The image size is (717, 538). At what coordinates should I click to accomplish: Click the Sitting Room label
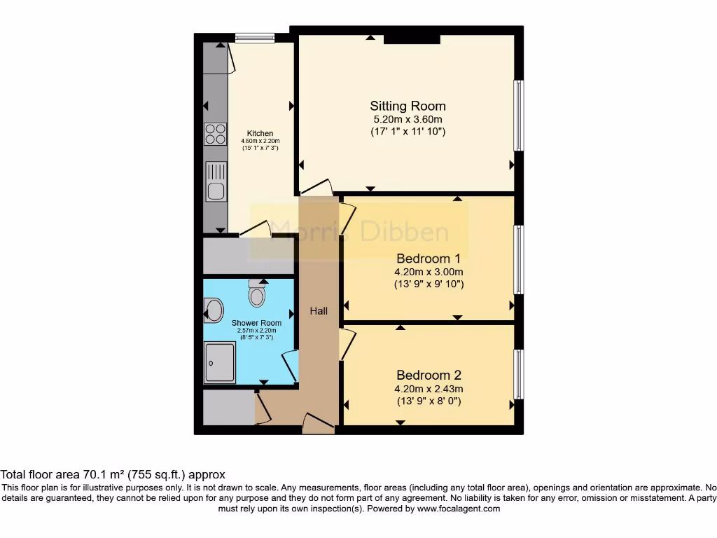(x=408, y=106)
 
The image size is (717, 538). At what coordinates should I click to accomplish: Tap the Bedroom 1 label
(x=429, y=257)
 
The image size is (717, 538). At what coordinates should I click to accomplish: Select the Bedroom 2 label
(x=429, y=375)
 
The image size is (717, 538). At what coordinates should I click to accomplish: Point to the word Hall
(x=319, y=310)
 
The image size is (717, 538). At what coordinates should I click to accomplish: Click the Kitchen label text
(x=260, y=133)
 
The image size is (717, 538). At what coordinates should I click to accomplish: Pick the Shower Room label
(x=256, y=323)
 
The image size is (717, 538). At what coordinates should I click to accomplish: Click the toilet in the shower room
(x=257, y=295)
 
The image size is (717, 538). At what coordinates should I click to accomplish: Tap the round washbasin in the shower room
(x=214, y=309)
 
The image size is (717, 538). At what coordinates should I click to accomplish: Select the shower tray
(x=220, y=362)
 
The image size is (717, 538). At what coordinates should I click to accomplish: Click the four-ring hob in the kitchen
(x=216, y=133)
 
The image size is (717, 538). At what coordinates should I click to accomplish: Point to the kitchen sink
(x=216, y=181)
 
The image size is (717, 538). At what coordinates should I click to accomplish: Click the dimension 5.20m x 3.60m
(x=408, y=119)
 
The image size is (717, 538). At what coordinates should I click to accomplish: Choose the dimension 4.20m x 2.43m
(x=429, y=389)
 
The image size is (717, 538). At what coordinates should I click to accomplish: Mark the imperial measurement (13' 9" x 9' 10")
(x=429, y=284)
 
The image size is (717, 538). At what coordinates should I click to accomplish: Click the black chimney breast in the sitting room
(x=412, y=39)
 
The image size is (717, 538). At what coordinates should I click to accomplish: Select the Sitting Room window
(x=518, y=116)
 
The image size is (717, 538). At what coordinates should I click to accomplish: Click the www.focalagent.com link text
(x=458, y=509)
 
